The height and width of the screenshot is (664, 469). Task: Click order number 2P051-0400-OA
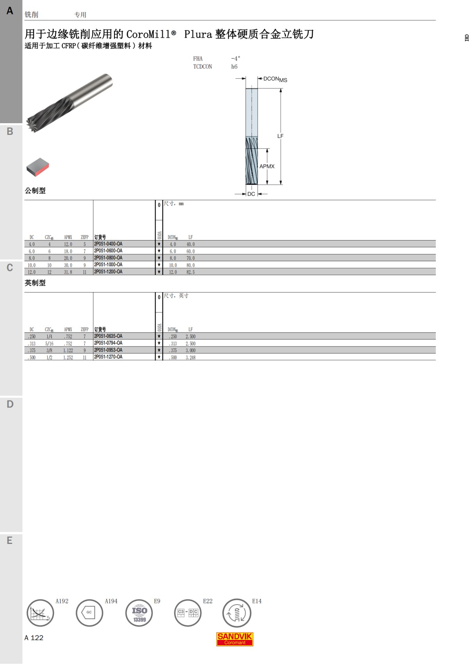pos(108,244)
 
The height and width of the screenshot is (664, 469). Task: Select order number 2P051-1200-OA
pos(108,272)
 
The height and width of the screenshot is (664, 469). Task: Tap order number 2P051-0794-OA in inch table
pos(108,343)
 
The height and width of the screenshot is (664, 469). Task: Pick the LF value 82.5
pos(190,272)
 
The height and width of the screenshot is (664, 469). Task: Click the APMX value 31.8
pos(68,272)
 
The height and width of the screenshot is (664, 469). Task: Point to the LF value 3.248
pos(190,357)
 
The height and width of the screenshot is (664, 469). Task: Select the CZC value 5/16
pos(49,344)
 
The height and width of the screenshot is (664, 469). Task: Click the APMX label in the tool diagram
pos(267,166)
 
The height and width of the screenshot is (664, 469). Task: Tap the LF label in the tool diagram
pos(280,136)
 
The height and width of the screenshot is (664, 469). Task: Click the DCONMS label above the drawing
pos(275,79)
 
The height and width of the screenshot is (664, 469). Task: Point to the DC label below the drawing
pos(251,194)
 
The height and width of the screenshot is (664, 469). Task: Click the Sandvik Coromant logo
pos(235,639)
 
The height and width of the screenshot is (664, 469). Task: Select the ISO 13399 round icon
pos(139,613)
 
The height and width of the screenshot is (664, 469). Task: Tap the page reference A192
pos(62,601)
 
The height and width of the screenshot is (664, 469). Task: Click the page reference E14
pos(257,601)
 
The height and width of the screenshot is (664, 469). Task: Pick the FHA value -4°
pos(236,58)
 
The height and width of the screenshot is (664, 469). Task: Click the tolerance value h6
pos(234,66)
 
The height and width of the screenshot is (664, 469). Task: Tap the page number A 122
pos(34,638)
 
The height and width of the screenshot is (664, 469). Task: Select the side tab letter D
pos(10,404)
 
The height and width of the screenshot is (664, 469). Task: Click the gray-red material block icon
pos(38,167)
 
